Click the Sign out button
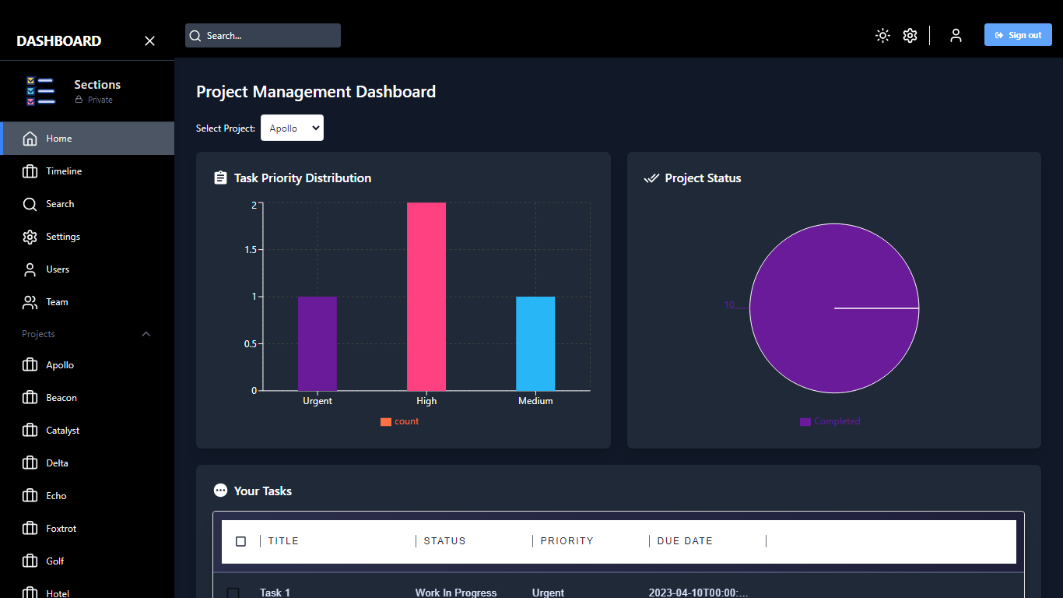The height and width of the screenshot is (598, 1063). coord(1017,35)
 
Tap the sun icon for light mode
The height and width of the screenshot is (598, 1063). coord(882,35)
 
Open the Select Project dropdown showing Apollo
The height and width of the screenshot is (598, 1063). coord(292,128)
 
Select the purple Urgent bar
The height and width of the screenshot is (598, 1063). coord(317,343)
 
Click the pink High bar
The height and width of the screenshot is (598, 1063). coord(426,297)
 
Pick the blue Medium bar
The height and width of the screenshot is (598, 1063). coord(535,343)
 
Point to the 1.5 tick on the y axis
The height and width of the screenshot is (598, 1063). coord(248,250)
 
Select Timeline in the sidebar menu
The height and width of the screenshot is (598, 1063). coord(64,171)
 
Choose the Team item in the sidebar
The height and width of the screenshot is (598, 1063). coord(57,302)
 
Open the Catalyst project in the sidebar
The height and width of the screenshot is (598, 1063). coord(62,431)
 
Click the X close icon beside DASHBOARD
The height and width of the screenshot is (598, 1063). coord(150,41)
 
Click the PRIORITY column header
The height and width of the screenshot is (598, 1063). coord(567,541)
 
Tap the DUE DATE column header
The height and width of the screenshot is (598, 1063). coord(685,541)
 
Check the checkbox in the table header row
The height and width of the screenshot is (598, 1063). coord(240,541)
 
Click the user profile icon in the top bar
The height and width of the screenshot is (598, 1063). coord(956,35)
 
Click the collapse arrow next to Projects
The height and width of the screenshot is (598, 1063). coord(146,334)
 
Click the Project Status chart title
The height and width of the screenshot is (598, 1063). coord(703,178)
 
